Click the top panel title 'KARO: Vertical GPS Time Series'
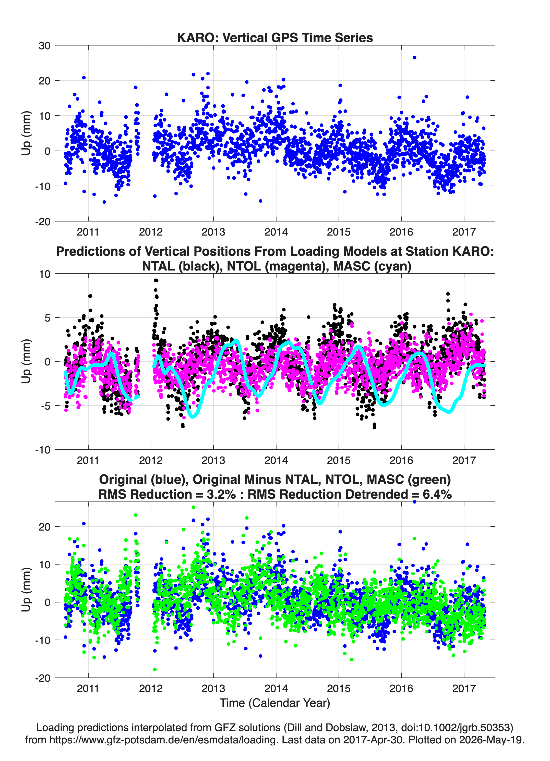click(275, 38)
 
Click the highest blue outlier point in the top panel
click(414, 58)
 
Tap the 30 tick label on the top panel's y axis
click(44, 46)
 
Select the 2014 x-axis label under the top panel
click(276, 232)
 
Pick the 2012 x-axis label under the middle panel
click(151, 460)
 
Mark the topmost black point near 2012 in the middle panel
click(156, 280)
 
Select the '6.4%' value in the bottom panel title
click(437, 494)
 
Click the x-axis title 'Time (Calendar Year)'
click(275, 703)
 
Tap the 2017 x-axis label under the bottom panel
click(464, 689)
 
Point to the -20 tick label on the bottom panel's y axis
click(43, 678)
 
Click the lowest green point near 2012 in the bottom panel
click(155, 669)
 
